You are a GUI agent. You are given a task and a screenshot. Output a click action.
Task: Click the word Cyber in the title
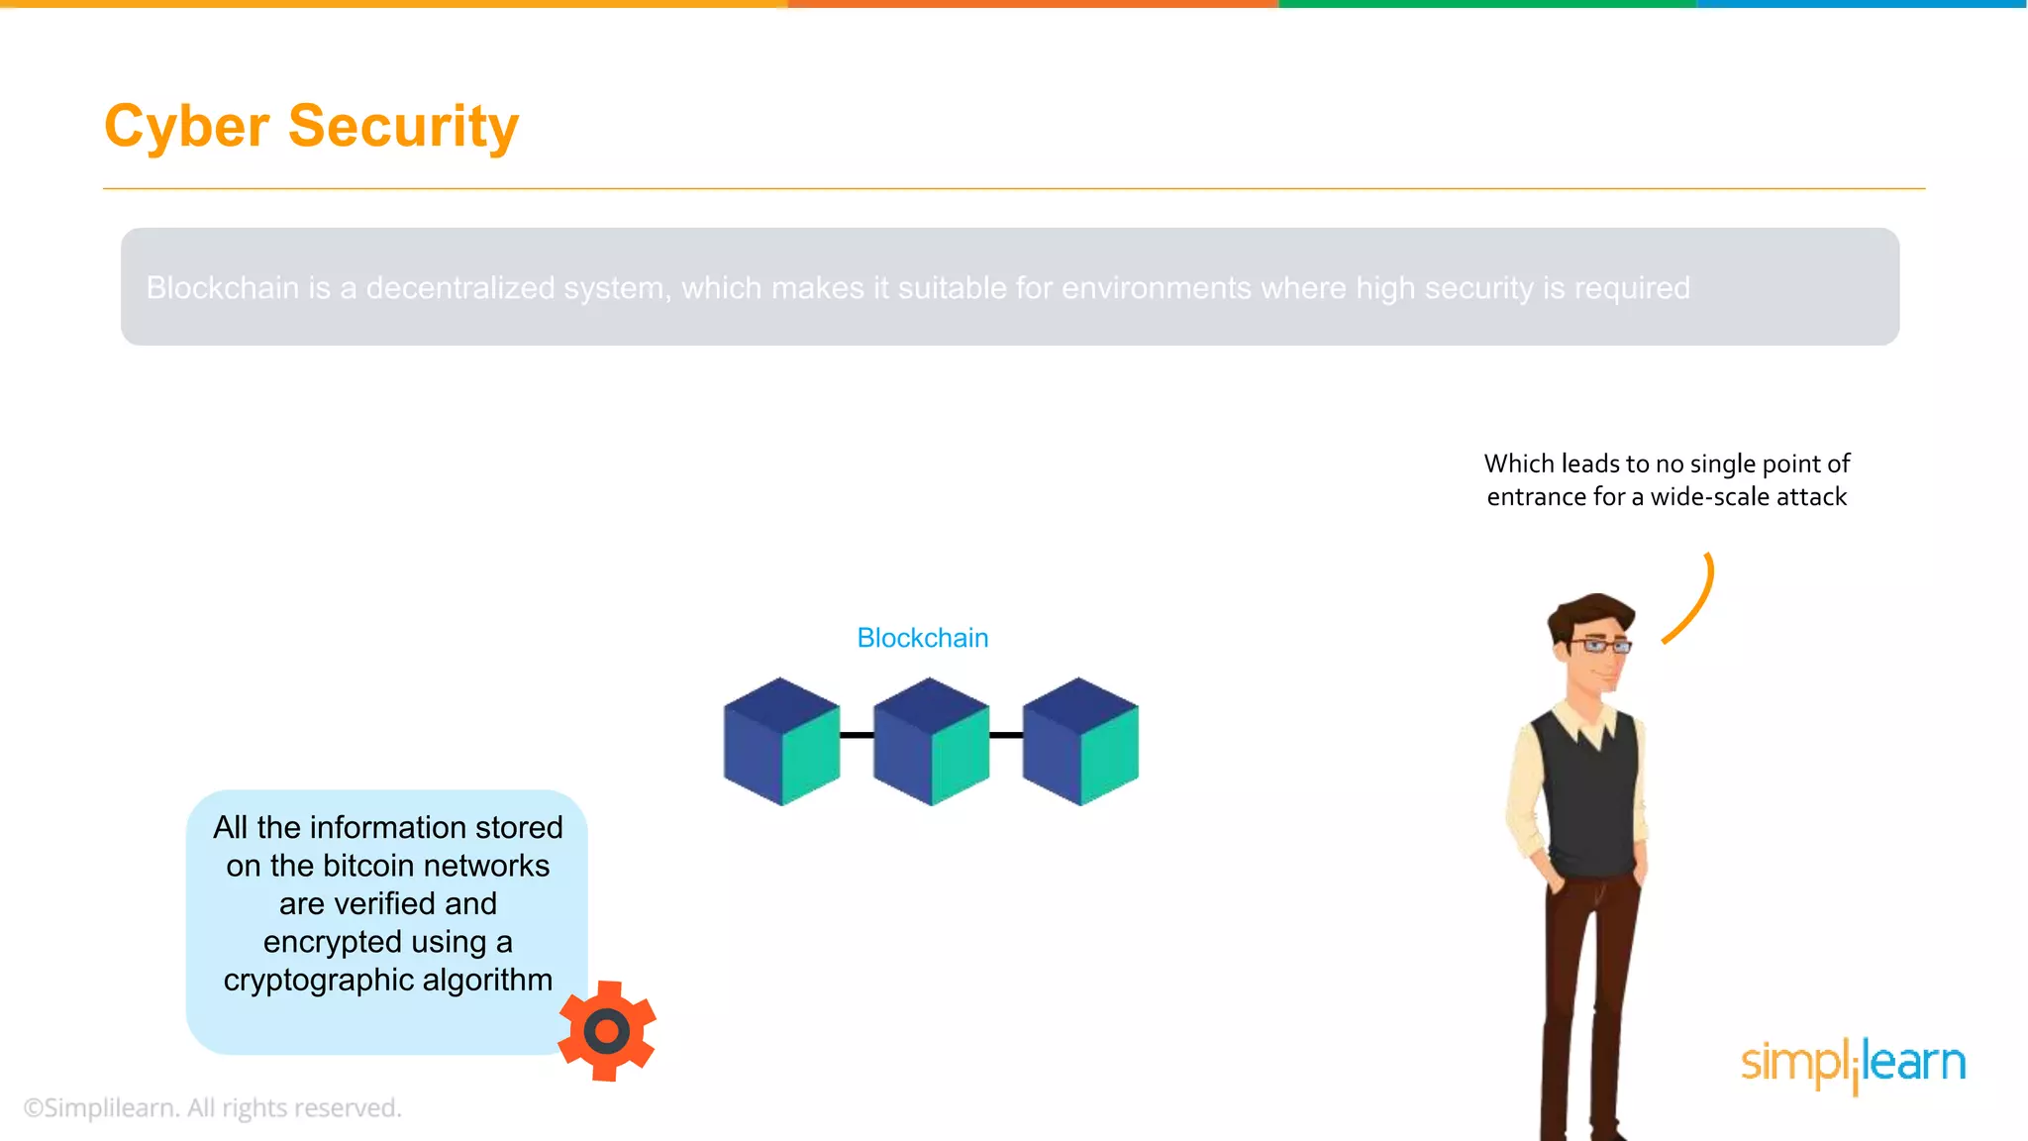[186, 127]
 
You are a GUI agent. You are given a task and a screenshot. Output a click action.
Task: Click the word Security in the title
[403, 127]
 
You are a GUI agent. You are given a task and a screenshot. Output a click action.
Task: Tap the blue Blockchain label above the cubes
[922, 638]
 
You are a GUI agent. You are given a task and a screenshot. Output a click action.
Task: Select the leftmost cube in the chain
[781, 742]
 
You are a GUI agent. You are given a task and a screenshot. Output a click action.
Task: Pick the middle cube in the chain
[931, 742]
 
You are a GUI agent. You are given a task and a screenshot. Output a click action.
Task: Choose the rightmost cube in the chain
[1080, 742]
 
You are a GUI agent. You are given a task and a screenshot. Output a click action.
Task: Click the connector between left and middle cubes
[857, 735]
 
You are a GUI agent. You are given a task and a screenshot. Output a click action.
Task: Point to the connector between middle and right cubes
[1006, 735]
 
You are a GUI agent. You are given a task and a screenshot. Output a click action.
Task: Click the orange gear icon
[607, 1031]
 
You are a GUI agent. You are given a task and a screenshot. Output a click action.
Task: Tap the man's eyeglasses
[1599, 646]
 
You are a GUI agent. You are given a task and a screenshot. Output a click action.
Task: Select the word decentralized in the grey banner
[460, 288]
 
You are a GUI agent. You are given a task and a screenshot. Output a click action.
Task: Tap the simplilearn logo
[1853, 1064]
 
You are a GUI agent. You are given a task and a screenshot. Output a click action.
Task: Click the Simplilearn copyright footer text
[212, 1107]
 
